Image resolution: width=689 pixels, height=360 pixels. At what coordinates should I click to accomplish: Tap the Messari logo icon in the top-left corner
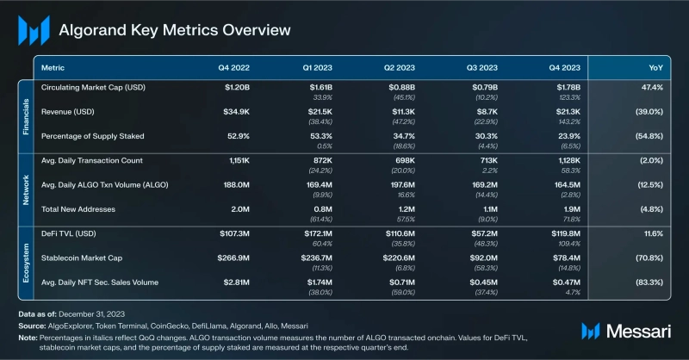point(34,30)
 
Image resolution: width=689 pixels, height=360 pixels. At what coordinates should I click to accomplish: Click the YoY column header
point(657,66)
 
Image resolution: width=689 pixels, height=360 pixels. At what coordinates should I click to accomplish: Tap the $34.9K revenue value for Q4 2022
point(239,112)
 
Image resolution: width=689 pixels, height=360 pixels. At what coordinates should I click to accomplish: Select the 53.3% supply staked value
point(322,136)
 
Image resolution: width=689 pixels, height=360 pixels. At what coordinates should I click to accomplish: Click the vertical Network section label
point(25,184)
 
